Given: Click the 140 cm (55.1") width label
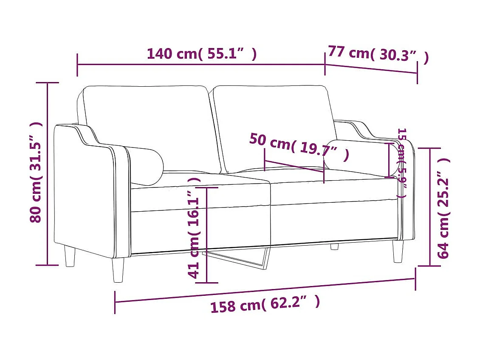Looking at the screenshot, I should click(201, 54).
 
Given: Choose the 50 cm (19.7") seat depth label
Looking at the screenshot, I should click(299, 147).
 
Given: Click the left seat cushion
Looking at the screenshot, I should click(200, 193).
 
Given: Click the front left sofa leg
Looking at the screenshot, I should click(119, 269).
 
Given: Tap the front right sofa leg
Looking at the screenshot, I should click(398, 252).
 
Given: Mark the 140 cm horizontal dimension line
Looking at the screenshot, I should click(201, 65).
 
